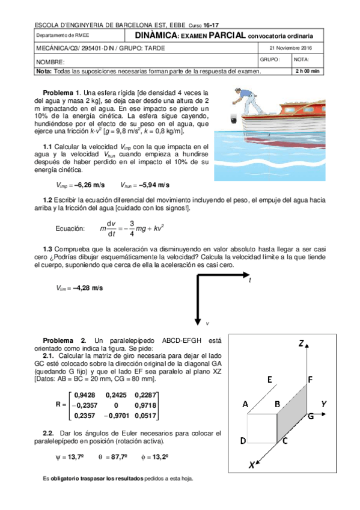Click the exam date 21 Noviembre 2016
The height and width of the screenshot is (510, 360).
point(290,48)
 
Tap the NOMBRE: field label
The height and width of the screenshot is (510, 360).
point(50,62)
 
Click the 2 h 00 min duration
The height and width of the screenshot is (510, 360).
point(307,71)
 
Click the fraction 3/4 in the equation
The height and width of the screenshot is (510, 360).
point(132,229)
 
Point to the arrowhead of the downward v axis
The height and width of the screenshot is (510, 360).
point(198,321)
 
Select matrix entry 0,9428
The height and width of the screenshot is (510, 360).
point(85,395)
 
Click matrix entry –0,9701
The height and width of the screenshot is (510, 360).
point(117,416)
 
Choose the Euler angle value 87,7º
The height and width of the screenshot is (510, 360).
point(119,457)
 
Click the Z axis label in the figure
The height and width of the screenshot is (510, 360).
point(301,343)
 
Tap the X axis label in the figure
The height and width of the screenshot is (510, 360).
point(251,465)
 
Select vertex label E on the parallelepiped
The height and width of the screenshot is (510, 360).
point(269,379)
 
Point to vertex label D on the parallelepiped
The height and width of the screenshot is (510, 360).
point(243,441)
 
